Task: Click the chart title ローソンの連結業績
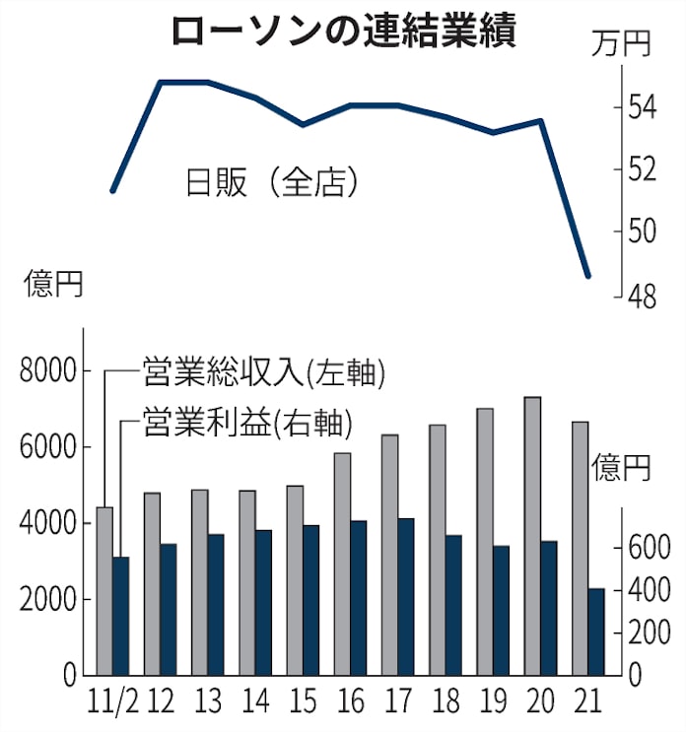pos(343,32)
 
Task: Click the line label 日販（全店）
pos(271,182)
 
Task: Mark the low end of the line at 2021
pos(588,276)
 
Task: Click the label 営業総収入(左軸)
pos(262,372)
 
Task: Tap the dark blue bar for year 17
pos(403,596)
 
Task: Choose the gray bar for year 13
pos(200,582)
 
